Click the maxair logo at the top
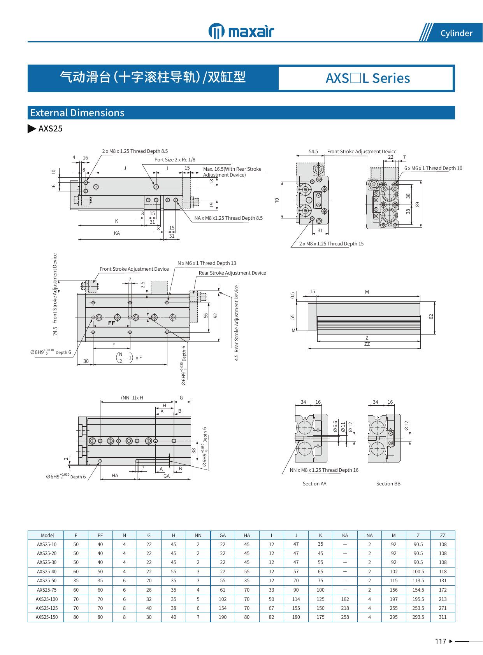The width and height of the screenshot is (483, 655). (x=241, y=31)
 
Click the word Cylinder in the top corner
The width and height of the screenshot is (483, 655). (x=456, y=33)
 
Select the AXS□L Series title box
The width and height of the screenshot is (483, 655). (x=367, y=78)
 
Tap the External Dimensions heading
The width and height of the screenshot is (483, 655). (x=77, y=113)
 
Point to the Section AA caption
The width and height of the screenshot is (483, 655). (x=314, y=483)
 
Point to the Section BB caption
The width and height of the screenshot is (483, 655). (x=388, y=483)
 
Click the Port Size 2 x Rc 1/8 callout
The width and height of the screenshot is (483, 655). (x=175, y=159)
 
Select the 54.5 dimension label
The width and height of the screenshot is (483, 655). (x=313, y=152)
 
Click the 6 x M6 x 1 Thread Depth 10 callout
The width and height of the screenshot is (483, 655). (x=433, y=168)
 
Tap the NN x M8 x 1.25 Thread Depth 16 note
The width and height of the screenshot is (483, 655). (x=324, y=470)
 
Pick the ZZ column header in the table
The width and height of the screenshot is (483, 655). (x=443, y=535)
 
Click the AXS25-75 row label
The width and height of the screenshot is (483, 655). (x=47, y=590)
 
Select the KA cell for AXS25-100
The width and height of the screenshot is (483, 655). (x=345, y=599)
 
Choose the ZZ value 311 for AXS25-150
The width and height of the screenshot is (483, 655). (x=443, y=617)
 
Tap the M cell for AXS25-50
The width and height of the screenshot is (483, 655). (x=393, y=580)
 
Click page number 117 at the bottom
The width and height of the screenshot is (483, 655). (x=441, y=641)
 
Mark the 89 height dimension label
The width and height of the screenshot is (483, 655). (x=418, y=204)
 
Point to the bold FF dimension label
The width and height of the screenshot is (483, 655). (x=111, y=323)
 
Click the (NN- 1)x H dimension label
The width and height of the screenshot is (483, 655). (x=132, y=398)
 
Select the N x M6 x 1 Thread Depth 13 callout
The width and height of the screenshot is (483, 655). (x=207, y=263)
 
